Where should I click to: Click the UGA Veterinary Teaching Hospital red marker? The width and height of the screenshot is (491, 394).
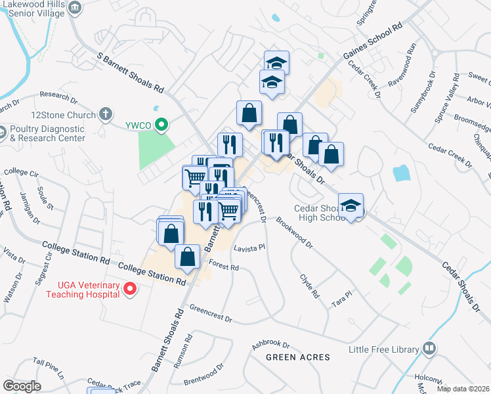pos(130,288)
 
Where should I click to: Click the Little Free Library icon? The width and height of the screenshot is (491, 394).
pos(429,347)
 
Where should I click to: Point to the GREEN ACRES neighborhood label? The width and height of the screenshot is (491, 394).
pos(298,357)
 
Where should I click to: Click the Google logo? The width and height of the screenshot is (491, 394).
pos(22,386)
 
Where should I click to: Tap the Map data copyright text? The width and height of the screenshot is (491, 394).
pos(463,389)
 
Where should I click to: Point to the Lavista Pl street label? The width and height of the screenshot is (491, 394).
pos(249,248)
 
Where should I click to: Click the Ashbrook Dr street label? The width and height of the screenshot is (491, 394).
pos(270,343)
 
